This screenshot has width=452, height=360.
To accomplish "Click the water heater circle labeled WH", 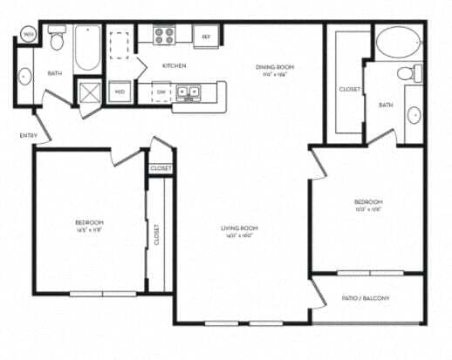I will pyautogui.click(x=29, y=35).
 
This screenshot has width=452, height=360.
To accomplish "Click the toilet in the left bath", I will pyautogui.click(x=57, y=39).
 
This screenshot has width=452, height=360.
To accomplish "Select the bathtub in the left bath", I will pyautogui.click(x=87, y=50).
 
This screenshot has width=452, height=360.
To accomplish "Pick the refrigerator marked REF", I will pyautogui.click(x=206, y=37).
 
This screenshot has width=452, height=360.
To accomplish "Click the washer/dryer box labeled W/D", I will pyautogui.click(x=120, y=91).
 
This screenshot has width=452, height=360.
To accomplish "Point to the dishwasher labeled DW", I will pyautogui.click(x=161, y=91).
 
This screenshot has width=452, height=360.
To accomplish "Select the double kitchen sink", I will pyautogui.click(x=188, y=91).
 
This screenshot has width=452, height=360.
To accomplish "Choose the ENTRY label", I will pyautogui.click(x=28, y=135).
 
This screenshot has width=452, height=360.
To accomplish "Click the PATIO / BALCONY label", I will pyautogui.click(x=366, y=298).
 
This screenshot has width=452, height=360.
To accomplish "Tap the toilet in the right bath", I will pyautogui.click(x=405, y=75).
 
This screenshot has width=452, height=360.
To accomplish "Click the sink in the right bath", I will pyautogui.click(x=413, y=113).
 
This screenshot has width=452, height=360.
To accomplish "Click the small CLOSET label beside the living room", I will pyautogui.click(x=161, y=167).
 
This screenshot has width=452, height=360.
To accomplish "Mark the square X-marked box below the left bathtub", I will pyautogui.click(x=89, y=90).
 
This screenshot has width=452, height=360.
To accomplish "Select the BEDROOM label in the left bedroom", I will pyautogui.click(x=90, y=222).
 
